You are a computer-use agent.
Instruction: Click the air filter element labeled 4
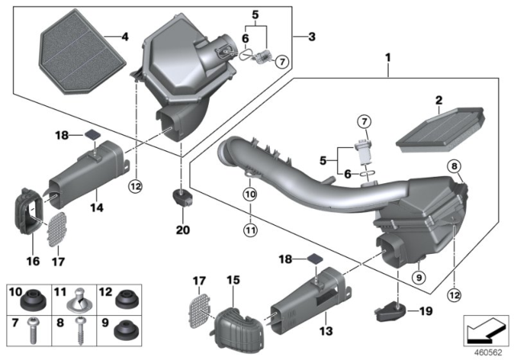(x=80, y=47)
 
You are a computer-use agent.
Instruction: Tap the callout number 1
(x=389, y=59)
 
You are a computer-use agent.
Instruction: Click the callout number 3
(x=300, y=36)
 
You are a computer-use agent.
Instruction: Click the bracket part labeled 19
(x=388, y=309)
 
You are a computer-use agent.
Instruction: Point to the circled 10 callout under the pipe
(x=250, y=194)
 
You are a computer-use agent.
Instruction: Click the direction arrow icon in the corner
(x=485, y=329)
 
